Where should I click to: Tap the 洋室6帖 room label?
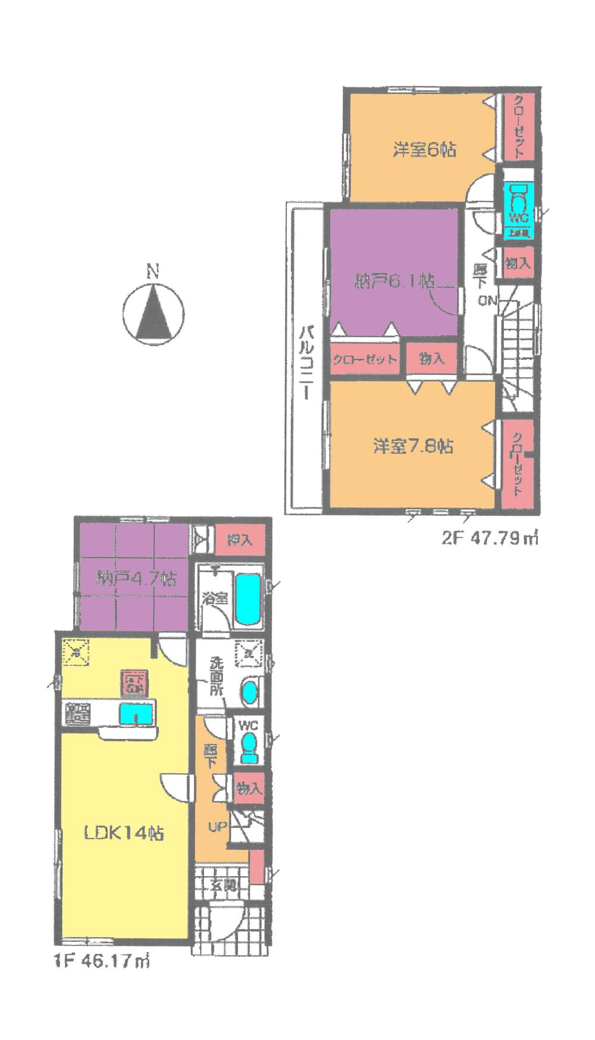click(x=424, y=149)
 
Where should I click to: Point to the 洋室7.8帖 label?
click(x=414, y=446)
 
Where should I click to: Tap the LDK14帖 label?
click(x=124, y=833)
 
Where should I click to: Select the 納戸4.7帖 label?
click(x=137, y=578)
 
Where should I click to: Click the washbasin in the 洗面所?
click(x=250, y=692)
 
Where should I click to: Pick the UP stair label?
click(x=216, y=826)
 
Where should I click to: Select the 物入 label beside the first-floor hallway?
click(x=249, y=789)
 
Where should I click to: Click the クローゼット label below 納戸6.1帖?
click(x=365, y=360)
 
